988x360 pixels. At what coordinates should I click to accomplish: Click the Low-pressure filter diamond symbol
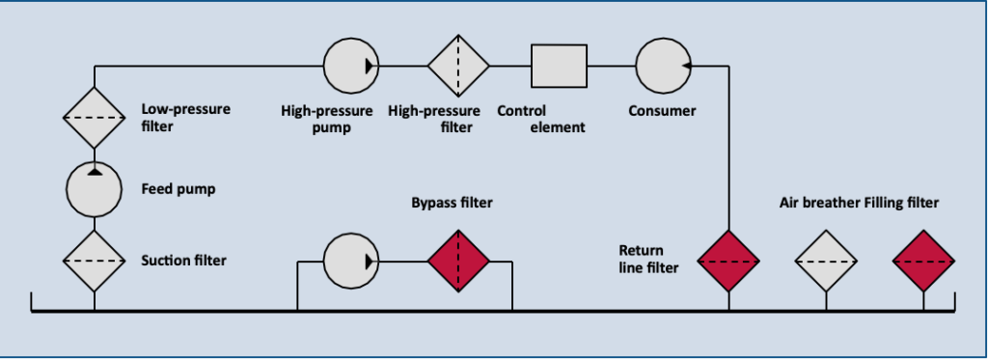pos(94,117)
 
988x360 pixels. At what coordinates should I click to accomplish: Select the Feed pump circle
pos(94,188)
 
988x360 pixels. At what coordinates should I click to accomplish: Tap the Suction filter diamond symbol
pos(94,260)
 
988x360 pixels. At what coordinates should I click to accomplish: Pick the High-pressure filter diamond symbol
pos(458,66)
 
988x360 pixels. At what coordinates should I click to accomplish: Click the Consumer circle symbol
pos(662,66)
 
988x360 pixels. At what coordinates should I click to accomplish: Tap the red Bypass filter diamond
pos(458,261)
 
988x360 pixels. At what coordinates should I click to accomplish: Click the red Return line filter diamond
pos(728,261)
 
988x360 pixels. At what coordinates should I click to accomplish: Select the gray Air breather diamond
pos(826,261)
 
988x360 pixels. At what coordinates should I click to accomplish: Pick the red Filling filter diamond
pos(923,261)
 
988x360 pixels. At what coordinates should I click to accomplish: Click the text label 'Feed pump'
pos(178,189)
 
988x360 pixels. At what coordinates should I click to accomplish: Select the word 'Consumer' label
pos(662,111)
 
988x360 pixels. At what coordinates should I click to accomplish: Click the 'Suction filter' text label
pos(184,260)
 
